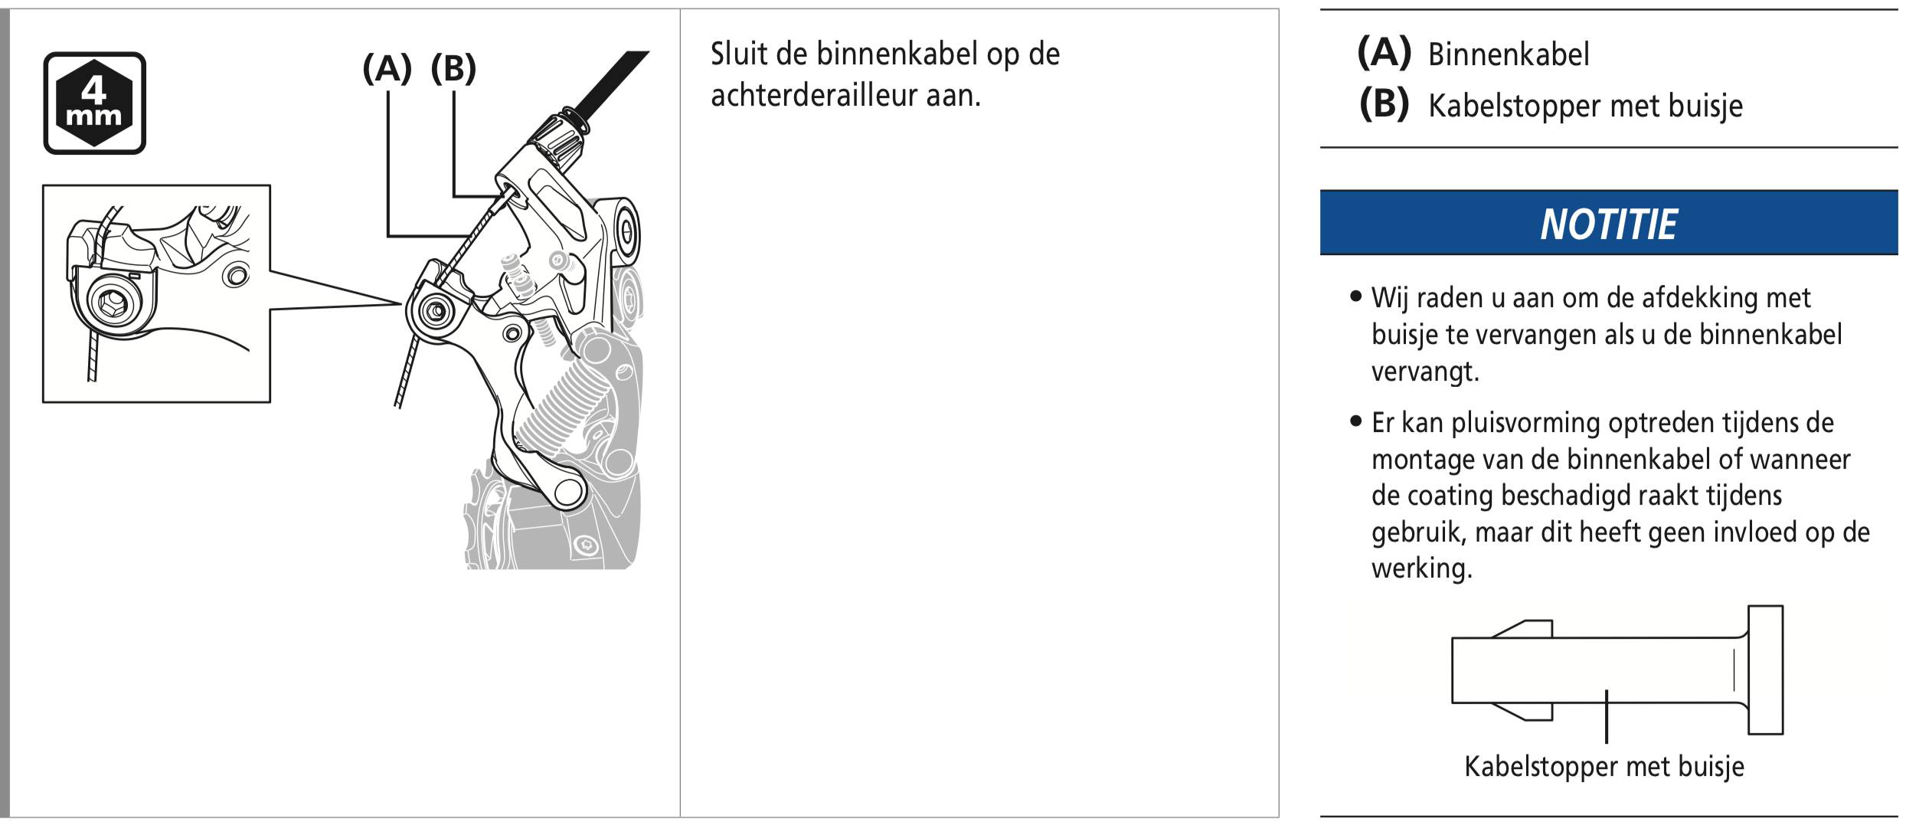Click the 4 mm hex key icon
pos(94,103)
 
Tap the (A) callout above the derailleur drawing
pos(387,68)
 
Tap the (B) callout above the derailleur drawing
pos(453,68)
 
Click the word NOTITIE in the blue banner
pos(1608,224)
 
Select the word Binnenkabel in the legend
pos(1509,54)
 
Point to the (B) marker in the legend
pos(1384,104)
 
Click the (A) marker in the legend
pos(1384,53)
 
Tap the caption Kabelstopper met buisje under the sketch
pos(1604,767)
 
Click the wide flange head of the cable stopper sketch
pos(1766,670)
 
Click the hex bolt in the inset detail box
pos(113,303)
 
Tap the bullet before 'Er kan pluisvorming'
pos(1356,421)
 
